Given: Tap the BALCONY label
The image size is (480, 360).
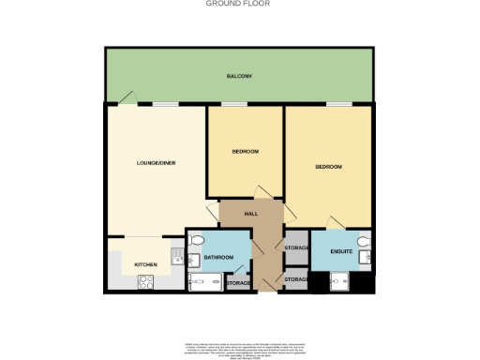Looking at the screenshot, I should coord(239,76).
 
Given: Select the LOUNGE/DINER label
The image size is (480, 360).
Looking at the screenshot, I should coord(156,163).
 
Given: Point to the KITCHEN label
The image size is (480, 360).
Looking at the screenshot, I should coord(145,264).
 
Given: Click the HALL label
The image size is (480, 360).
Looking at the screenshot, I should coord(251,214).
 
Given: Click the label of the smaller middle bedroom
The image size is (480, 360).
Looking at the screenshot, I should coord(245,152).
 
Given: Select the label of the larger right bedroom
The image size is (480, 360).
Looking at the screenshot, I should coord(328,167).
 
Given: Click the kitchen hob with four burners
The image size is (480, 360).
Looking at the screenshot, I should coord(145,281).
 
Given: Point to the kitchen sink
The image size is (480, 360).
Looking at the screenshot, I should coord(175,254).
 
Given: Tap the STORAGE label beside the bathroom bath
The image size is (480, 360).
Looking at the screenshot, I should coord(238,281).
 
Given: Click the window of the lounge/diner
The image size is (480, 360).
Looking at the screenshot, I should coord(167,104).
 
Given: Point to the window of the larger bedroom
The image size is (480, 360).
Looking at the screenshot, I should coord(338,104).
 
